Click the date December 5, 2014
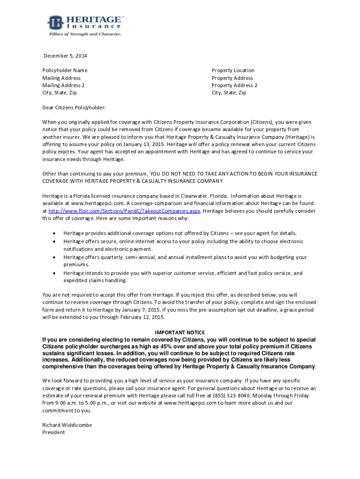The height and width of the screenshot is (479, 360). tap(65, 56)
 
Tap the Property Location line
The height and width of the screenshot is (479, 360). tap(233, 71)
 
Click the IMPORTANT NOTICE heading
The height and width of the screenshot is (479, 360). tap(179, 332)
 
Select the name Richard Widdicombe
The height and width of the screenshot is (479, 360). tap(67, 425)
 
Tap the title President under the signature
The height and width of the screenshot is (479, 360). tap(54, 432)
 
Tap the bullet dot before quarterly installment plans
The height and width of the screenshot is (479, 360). tap(54, 257)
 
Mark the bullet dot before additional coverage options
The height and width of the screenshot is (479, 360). tap(54, 233)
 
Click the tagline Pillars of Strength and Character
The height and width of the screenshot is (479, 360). tap(86, 34)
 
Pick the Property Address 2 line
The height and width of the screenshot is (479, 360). tap(234, 86)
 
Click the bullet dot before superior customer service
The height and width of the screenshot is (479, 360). tap(54, 273)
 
